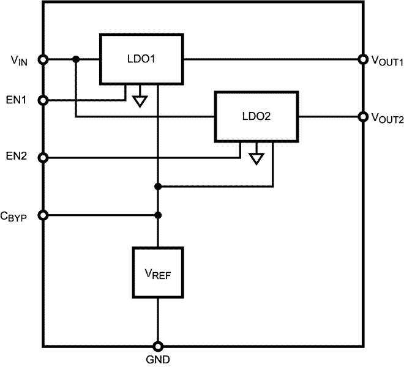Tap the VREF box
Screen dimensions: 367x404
pos(158,272)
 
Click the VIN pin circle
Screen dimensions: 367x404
pos(43,59)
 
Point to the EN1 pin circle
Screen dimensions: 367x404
pos(43,100)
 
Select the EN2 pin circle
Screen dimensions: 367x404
pos(43,158)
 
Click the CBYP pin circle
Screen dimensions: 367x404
pos(43,215)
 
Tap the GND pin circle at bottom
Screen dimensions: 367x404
pos(158,346)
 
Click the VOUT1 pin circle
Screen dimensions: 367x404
pos(362,59)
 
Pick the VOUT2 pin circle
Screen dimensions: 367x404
pos(362,116)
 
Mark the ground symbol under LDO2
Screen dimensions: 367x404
pos(256,157)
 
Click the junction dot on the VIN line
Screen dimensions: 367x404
pos(75,59)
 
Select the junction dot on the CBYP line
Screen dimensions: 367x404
pos(158,215)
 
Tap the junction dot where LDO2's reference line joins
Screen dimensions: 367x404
pos(158,186)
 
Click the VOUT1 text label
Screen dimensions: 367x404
pos(387,61)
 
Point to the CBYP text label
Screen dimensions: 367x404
pos(15,216)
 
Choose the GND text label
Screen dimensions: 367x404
pos(158,360)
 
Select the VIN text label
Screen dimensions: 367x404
pos(18,61)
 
